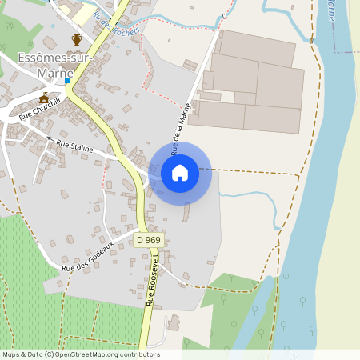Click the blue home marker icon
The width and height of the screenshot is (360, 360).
[x=180, y=172]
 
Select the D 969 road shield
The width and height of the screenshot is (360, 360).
[x=147, y=240]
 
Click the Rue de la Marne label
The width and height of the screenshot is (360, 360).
[x=182, y=128]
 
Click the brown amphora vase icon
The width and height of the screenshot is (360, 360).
[x=77, y=39]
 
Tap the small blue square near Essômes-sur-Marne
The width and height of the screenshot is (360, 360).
[x=68, y=81]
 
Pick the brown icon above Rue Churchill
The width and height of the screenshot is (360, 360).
[x=44, y=98]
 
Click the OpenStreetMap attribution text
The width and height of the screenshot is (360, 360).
[x=80, y=354]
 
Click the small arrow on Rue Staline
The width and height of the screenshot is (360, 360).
[x=49, y=138]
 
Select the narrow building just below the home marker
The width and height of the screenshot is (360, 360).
[x=186, y=212]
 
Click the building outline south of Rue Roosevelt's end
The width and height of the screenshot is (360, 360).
[x=173, y=324]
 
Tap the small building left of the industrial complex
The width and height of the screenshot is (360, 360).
[x=190, y=65]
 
